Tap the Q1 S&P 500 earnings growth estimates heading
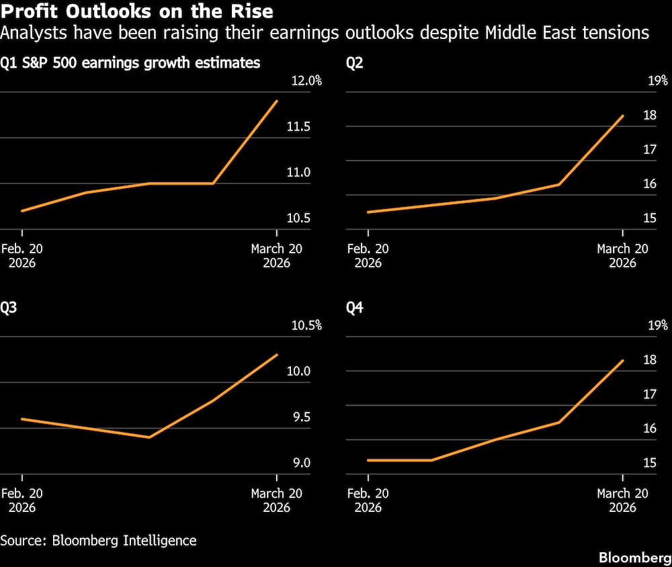tap(130, 64)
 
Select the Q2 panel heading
tap(355, 64)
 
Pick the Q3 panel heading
tap(9, 308)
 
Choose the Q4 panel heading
tap(355, 308)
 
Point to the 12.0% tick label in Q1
tap(306, 81)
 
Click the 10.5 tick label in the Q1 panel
tap(298, 218)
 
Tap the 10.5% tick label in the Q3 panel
tap(306, 326)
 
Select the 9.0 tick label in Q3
tap(301, 463)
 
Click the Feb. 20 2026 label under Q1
tap(22, 255)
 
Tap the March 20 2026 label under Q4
tap(622, 500)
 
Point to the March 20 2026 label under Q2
tap(622, 255)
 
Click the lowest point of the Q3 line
tap(149, 437)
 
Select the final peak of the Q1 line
tap(277, 101)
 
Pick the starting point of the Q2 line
tap(368, 212)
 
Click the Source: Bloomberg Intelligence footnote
tap(98, 540)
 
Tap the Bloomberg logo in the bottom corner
tap(634, 558)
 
